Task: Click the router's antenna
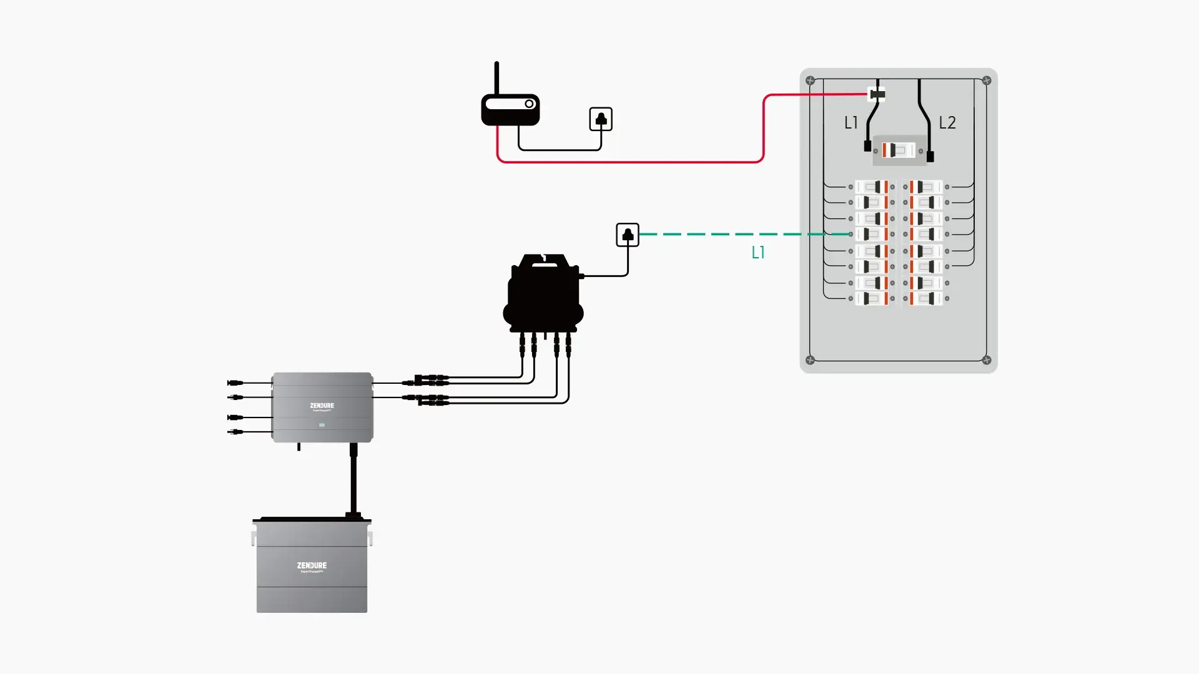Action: pos(496,78)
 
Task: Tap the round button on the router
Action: pos(529,104)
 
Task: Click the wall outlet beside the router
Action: pos(601,119)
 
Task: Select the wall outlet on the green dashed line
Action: pos(628,235)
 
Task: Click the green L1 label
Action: pos(758,253)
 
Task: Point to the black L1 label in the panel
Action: pos(851,123)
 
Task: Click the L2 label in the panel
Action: pos(947,123)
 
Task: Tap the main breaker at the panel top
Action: pos(898,150)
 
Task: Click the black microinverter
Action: pos(544,293)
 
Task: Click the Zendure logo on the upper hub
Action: pos(322,406)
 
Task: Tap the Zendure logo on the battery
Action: pos(312,565)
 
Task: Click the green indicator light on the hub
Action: pos(322,425)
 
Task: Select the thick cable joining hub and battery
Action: pos(353,481)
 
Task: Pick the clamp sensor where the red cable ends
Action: pos(877,94)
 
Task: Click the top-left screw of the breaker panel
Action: pos(810,81)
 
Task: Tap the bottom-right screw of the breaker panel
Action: pos(987,360)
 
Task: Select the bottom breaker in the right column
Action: pos(925,299)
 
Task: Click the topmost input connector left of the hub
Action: pos(235,383)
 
